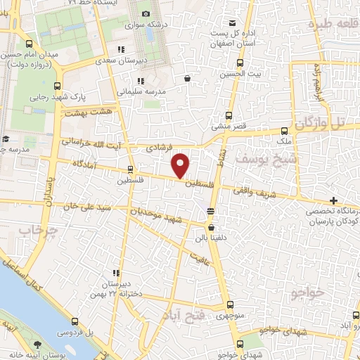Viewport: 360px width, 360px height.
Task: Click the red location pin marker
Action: (x=181, y=165)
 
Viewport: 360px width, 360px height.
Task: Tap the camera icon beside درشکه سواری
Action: (x=146, y=14)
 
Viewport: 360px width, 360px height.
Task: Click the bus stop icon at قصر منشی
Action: (x=228, y=116)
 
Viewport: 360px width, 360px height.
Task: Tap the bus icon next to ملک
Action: (x=284, y=131)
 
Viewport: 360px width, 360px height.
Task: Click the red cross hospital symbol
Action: (x=333, y=202)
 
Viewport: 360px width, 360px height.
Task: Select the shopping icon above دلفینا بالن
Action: (x=211, y=227)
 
